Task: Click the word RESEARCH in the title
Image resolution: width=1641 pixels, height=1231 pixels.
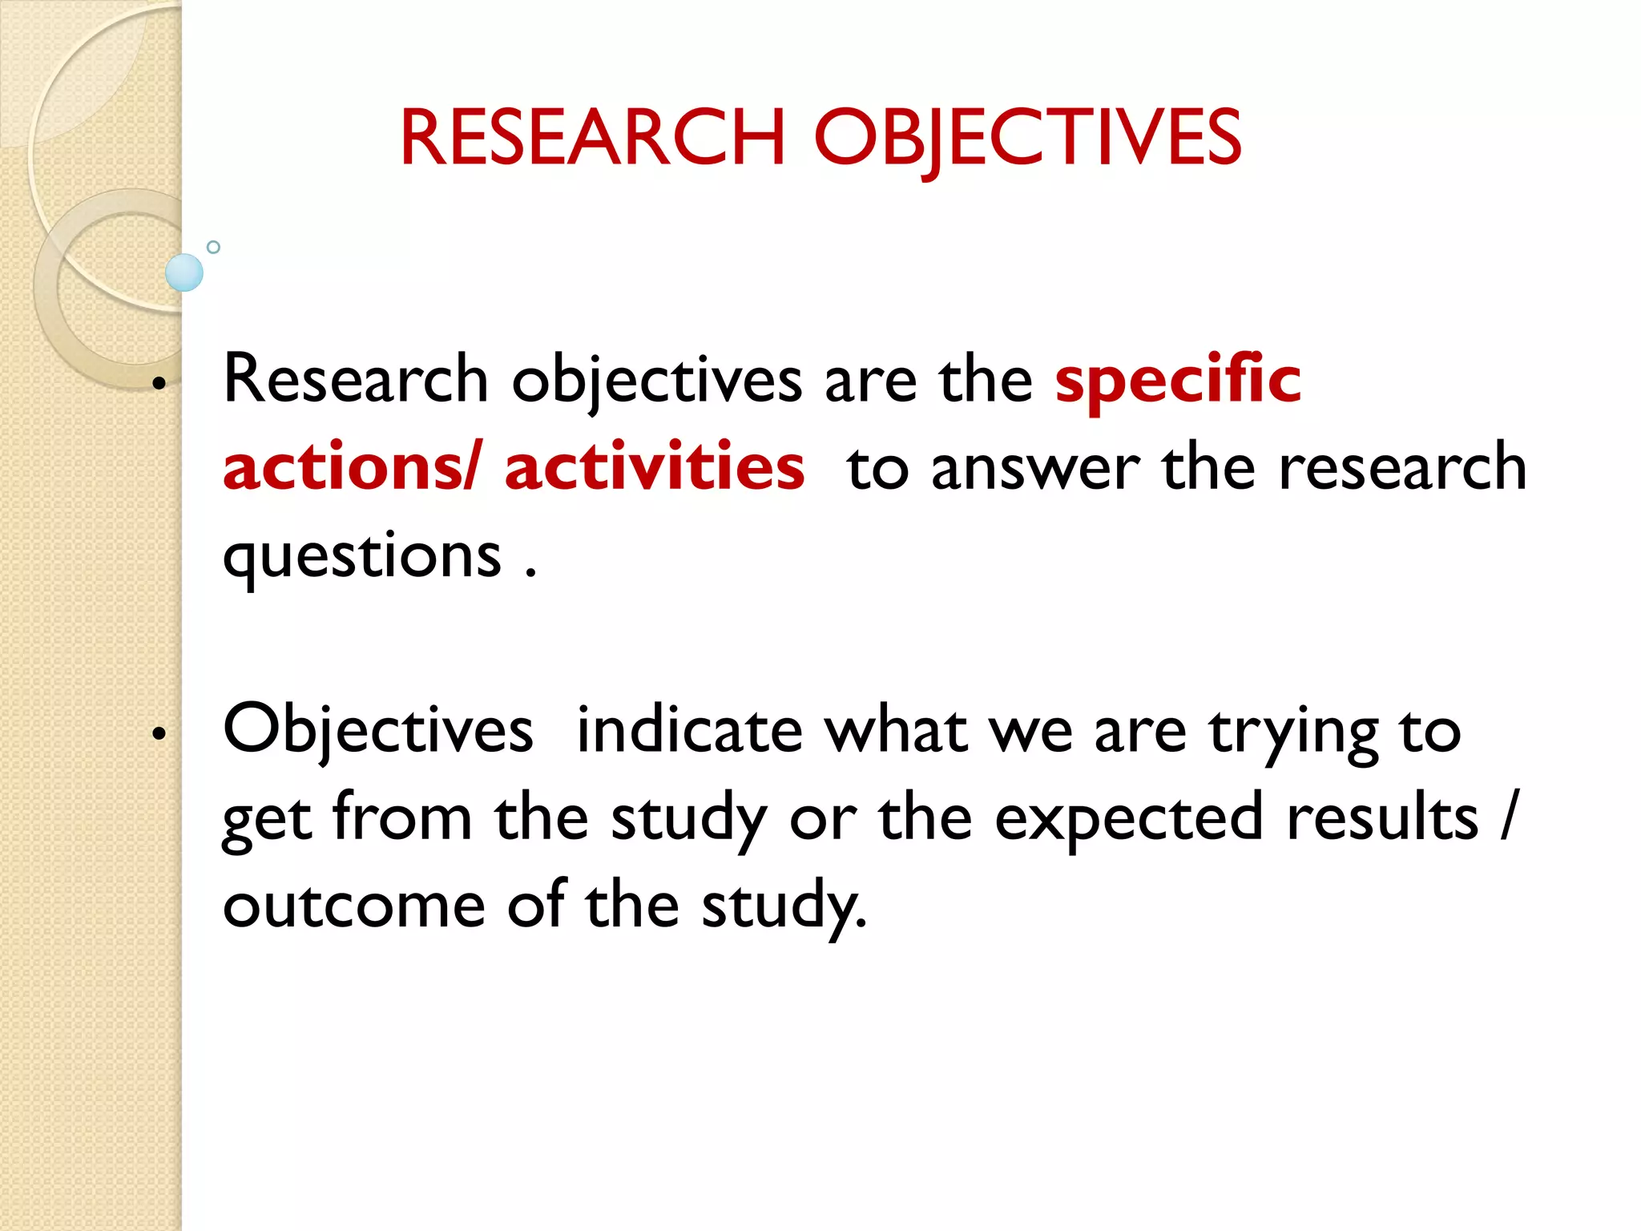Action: click(591, 138)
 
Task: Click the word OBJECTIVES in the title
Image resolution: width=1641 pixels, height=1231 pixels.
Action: click(1027, 138)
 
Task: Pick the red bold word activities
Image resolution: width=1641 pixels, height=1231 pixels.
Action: click(654, 467)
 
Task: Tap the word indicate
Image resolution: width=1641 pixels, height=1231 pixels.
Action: click(689, 731)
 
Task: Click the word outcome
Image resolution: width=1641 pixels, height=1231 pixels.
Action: click(354, 906)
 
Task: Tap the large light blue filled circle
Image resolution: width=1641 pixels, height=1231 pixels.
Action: click(184, 272)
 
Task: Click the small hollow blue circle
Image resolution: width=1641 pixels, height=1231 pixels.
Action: click(213, 247)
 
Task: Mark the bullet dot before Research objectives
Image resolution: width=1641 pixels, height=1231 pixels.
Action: click(159, 384)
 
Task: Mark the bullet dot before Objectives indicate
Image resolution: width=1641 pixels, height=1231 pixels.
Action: click(159, 733)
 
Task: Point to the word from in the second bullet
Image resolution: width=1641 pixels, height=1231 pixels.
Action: click(402, 817)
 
